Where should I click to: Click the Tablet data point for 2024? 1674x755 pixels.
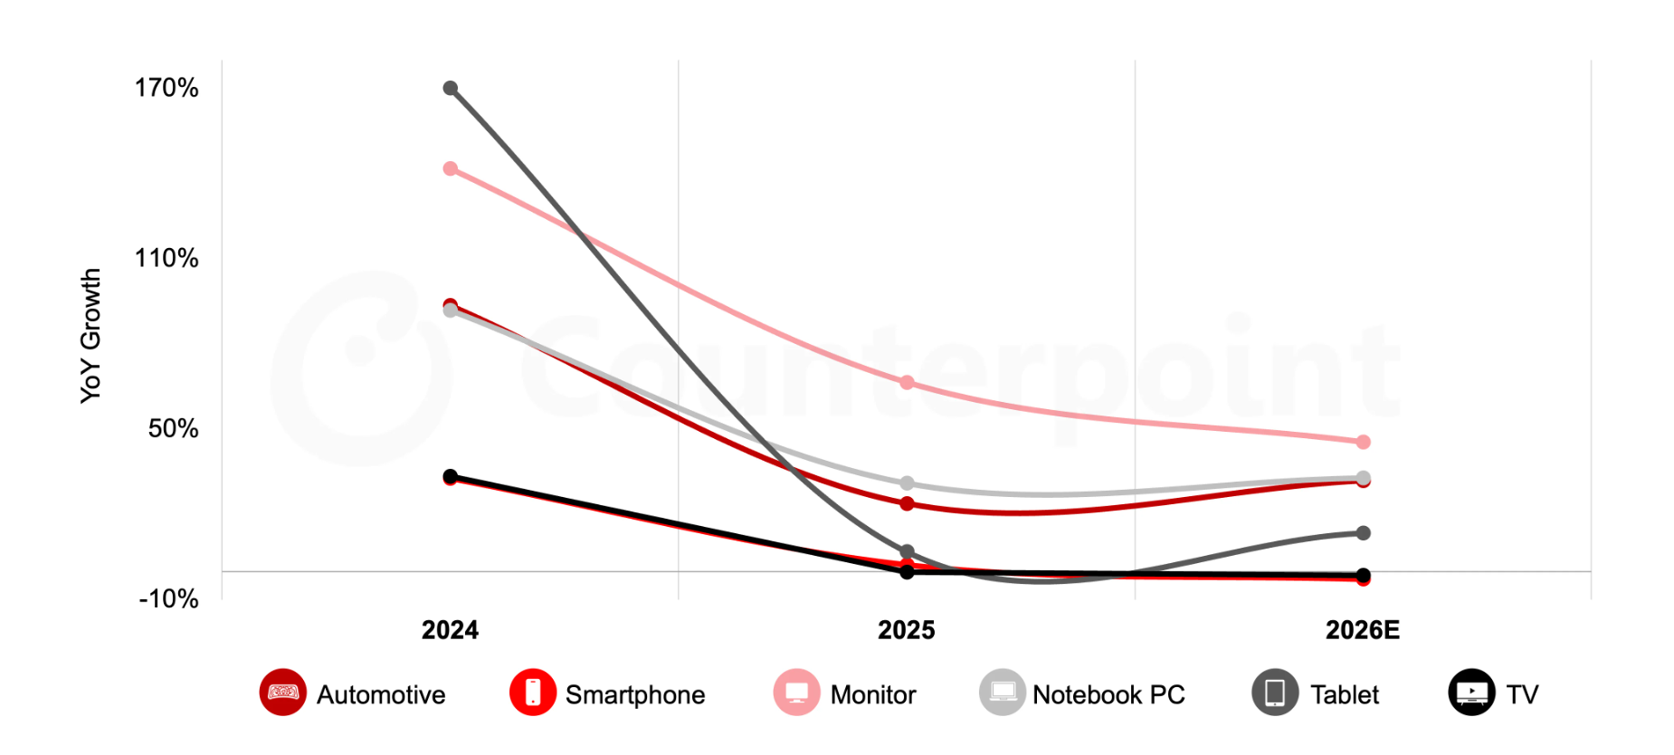click(450, 88)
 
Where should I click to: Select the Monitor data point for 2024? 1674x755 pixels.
click(450, 168)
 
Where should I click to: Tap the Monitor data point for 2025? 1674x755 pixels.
click(907, 383)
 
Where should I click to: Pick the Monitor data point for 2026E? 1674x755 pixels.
click(1363, 442)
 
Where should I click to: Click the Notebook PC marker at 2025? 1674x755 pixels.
click(907, 483)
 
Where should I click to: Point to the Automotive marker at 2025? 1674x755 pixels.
click(907, 503)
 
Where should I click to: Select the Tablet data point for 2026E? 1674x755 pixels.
click(1363, 533)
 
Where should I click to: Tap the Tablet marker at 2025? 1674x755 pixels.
click(907, 551)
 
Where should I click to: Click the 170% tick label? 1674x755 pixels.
click(166, 88)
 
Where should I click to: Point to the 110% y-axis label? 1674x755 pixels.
click(166, 258)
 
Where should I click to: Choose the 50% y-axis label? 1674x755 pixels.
click(173, 428)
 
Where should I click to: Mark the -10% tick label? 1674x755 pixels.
click(168, 598)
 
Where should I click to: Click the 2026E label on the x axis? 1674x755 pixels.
click(1362, 630)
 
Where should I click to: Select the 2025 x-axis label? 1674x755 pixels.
click(906, 630)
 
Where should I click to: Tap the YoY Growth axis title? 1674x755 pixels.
click(90, 335)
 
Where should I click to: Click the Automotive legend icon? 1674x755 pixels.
click(283, 693)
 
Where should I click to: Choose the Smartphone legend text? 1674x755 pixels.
click(634, 694)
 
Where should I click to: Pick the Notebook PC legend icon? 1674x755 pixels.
click(1002, 693)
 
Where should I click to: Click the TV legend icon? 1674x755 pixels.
click(1471, 693)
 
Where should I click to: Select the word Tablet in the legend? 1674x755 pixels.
click(1344, 694)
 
